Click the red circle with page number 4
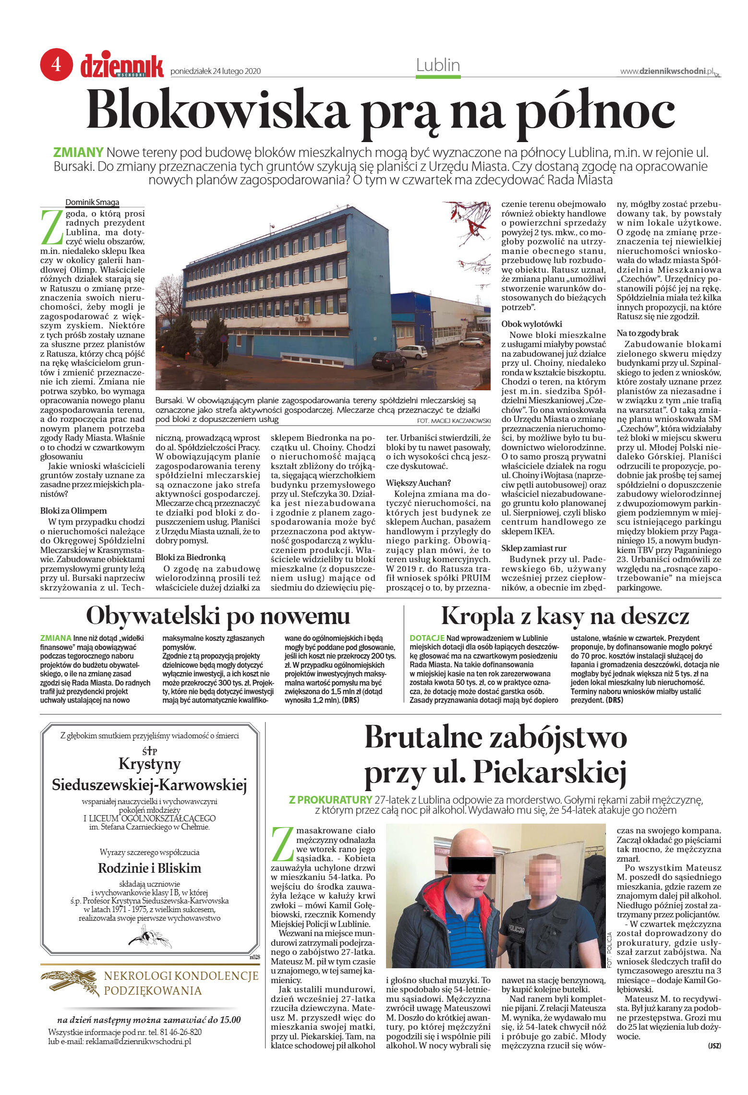coord(56,64)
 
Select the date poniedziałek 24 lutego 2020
coord(216,71)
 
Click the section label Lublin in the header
coord(438,65)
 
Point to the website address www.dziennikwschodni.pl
coord(667,71)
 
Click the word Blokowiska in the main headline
coord(217,112)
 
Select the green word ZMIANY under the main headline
coord(78,153)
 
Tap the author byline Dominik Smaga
coord(92,202)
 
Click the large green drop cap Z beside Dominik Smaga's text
coord(52,227)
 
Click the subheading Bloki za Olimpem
coord(73,511)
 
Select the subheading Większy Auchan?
coord(418,482)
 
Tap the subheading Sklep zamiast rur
coord(534,548)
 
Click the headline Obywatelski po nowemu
coord(218,616)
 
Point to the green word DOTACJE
coord(427,638)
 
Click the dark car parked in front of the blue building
coord(388,360)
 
